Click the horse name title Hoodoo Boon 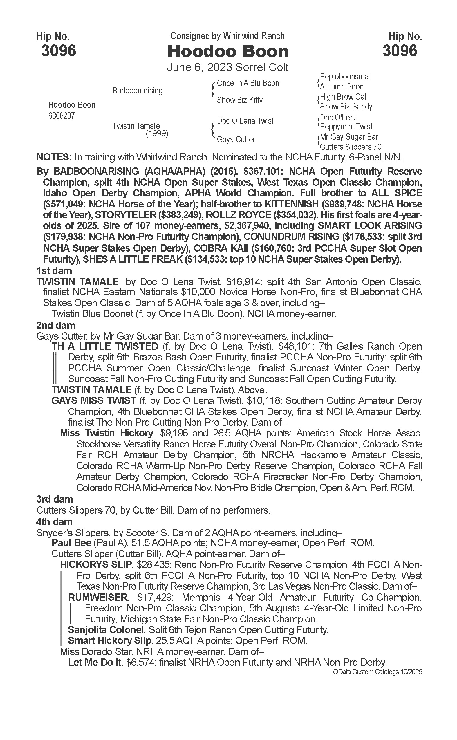228,51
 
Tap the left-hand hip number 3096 59,50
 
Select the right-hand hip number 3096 400,50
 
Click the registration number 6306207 61,116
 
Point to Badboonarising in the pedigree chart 137,91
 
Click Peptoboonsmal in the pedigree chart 345,77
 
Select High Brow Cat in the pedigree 343,97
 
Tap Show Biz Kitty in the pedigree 240,100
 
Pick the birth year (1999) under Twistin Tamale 157,133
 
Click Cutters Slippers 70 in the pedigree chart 351,147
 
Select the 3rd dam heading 55,499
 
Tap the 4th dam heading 55,522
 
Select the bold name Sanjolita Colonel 106,630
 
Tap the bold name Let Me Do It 95,663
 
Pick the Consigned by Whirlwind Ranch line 227,36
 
